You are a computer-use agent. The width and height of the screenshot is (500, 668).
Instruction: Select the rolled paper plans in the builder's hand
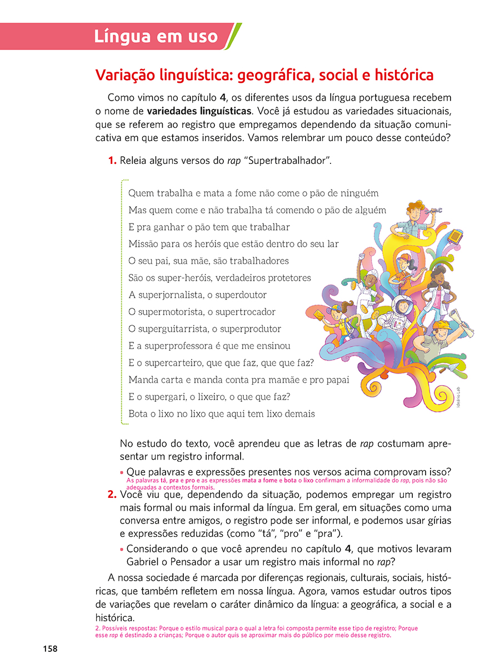click(x=468, y=328)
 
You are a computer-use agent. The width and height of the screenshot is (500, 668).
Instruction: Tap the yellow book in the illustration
click(x=454, y=237)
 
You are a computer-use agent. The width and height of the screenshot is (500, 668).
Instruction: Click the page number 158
click(x=50, y=649)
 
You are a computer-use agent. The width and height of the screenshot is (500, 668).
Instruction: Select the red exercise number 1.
click(x=112, y=161)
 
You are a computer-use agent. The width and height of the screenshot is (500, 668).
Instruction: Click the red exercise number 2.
click(x=112, y=495)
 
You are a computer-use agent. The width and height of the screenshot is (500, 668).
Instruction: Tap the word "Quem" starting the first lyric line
click(x=140, y=193)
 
